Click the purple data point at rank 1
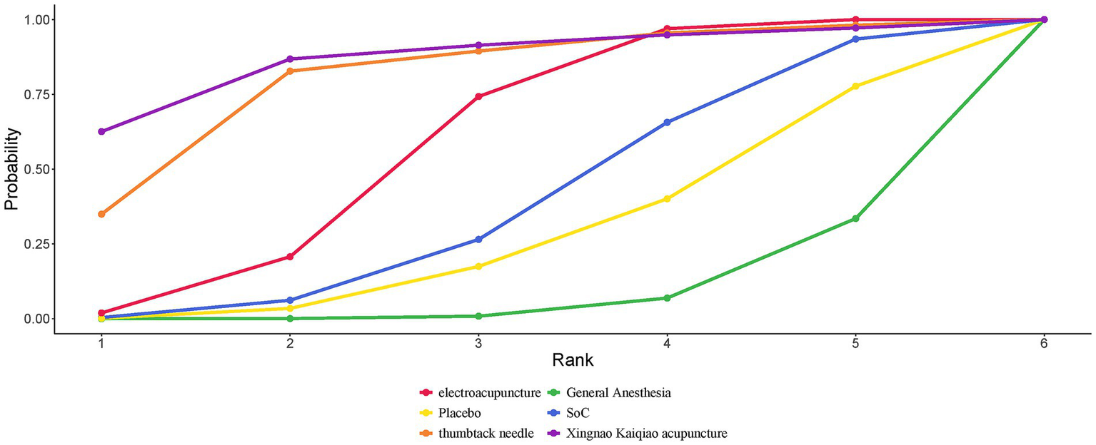point(101,132)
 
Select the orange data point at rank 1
point(101,214)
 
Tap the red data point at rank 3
point(478,96)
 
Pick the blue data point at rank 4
point(667,123)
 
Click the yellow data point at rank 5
point(855,86)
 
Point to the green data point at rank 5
point(855,218)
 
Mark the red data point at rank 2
point(290,257)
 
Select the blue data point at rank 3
point(478,240)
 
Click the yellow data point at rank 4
point(667,199)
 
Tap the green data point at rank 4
point(667,298)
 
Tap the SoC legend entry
point(583,413)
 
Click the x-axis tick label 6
point(1044,344)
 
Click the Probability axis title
point(11,169)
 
